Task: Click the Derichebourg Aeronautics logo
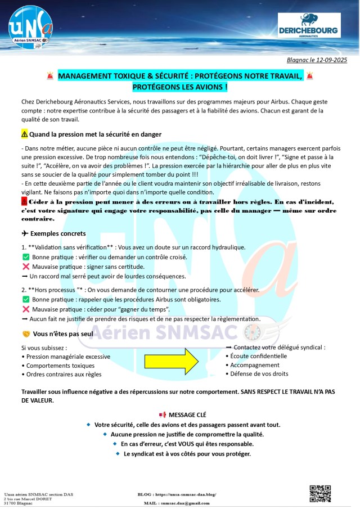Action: pyautogui.click(x=309, y=26)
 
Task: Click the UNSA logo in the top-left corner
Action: pyautogui.click(x=31, y=28)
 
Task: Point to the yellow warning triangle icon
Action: pyautogui.click(x=24, y=134)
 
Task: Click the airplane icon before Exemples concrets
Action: pyautogui.click(x=24, y=233)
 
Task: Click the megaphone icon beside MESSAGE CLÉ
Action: pyautogui.click(x=163, y=415)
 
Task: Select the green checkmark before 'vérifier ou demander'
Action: pyautogui.click(x=25, y=257)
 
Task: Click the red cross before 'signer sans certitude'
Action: pyautogui.click(x=25, y=267)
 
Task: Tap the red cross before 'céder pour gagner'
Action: pyautogui.click(x=25, y=309)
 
